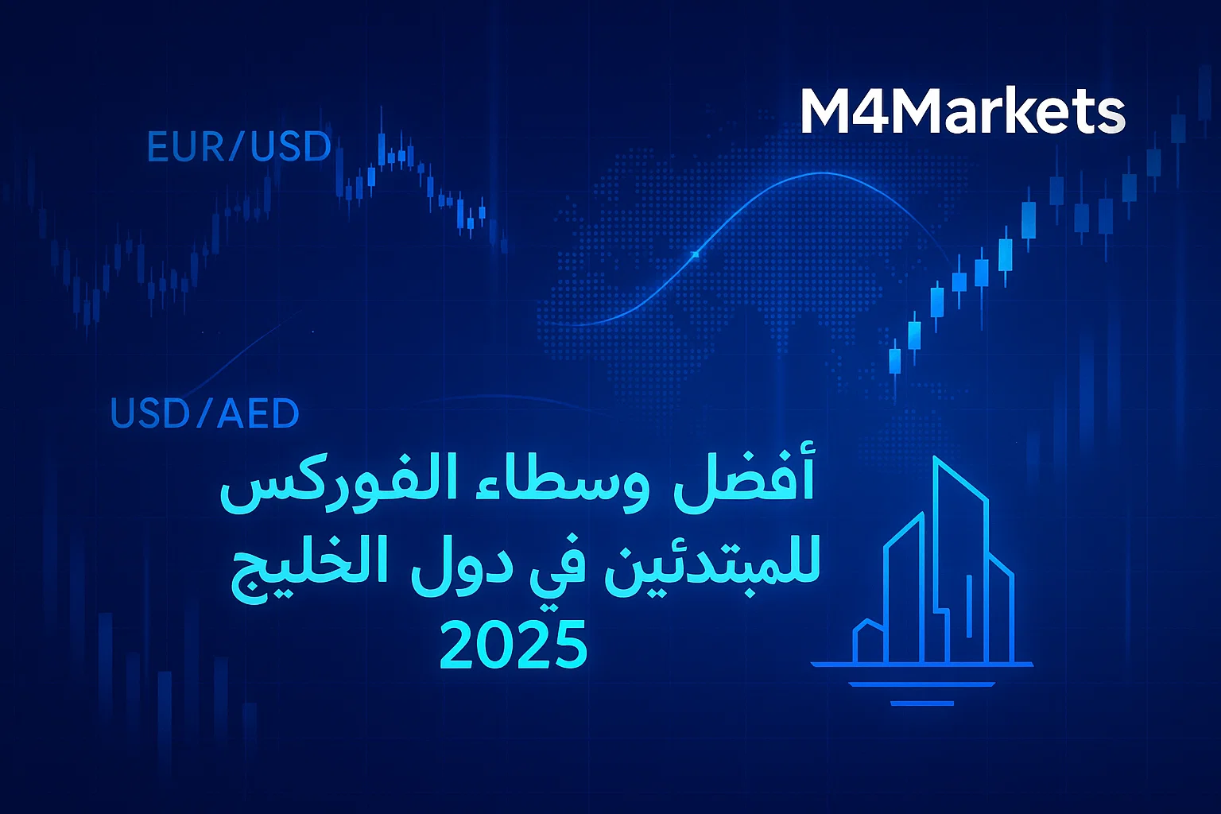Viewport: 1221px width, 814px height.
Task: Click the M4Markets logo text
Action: tap(962, 112)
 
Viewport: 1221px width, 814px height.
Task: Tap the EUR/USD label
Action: tap(239, 147)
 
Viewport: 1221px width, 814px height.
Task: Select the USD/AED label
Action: tap(204, 413)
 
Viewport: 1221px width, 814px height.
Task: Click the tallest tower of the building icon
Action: tap(960, 556)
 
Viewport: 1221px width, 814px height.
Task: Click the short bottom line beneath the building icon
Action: tap(922, 704)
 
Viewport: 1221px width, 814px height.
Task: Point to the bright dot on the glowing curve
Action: tap(696, 254)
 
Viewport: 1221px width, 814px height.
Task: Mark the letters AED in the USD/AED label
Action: tap(258, 413)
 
